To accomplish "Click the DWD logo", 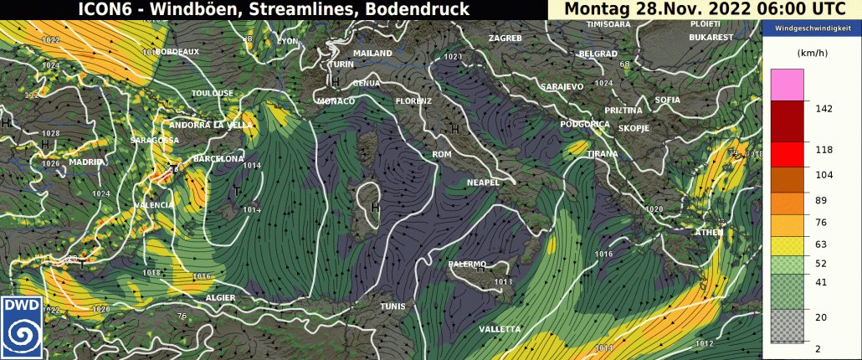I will pos(23,326).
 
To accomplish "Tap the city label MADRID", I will pos(87,162).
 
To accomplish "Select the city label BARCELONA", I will pos(219,159).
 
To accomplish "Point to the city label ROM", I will pos(441,155).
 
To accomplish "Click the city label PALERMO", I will pos(468,265).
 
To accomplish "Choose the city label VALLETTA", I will pos(500,329).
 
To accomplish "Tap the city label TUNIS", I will pos(393,307).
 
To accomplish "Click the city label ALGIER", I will pos(221,298).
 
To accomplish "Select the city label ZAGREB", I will pos(505,39).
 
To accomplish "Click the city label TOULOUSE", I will pos(213,93).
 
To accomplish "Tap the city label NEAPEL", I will pos(483,183).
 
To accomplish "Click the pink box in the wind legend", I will pos(788,85).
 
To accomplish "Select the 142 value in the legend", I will pos(826,108).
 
